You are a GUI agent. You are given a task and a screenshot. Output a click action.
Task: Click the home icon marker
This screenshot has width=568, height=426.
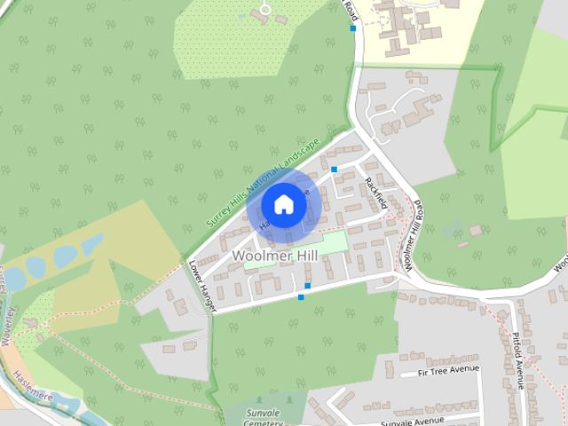point(283,205)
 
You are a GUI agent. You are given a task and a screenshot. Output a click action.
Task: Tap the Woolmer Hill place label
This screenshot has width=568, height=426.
point(273,256)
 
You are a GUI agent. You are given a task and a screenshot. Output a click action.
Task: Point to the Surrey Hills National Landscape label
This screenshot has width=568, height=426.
point(262,182)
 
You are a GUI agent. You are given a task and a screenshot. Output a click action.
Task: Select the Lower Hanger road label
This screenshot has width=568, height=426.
point(202,279)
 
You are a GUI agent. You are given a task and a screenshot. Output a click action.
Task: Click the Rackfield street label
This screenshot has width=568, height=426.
point(376,193)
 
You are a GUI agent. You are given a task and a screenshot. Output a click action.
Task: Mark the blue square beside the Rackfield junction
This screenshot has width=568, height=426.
point(335,170)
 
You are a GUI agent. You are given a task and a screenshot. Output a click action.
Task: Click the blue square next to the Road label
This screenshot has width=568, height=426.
point(353,28)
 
